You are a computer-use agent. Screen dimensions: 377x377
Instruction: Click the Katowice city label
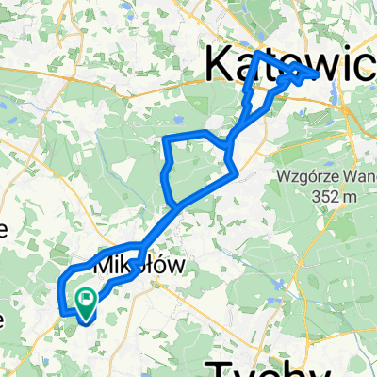[x=287, y=66]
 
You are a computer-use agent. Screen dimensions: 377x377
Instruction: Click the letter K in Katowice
[x=220, y=66]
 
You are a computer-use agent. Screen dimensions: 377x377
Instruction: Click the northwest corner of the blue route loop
[x=166, y=139]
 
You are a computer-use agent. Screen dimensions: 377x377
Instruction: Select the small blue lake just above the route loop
[x=175, y=120]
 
